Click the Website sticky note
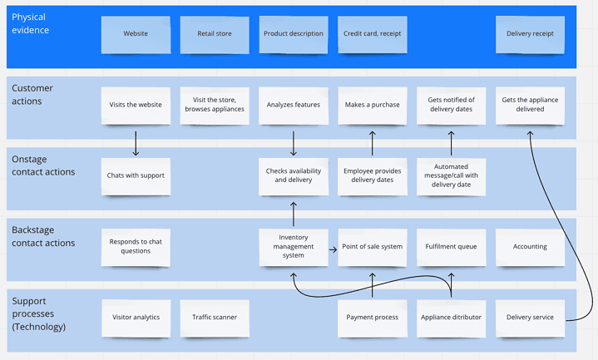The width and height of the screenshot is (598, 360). pos(136,34)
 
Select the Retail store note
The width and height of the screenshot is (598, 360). pos(215,34)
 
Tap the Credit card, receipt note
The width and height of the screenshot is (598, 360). pos(372,34)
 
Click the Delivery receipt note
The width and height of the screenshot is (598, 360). pos(530,34)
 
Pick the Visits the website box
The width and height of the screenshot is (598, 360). pos(136,106)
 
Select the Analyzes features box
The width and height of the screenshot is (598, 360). pos(294,106)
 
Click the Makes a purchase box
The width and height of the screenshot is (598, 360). pos(372,106)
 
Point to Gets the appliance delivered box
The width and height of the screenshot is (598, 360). pos(530,106)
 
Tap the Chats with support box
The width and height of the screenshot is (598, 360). pos(136,176)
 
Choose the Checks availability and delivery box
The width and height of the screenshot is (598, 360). pos(294,176)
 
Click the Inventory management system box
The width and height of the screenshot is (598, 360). pos(294,247)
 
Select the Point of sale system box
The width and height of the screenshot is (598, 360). pos(372,247)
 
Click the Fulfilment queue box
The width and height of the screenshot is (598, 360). pos(451,247)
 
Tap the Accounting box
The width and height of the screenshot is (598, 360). pos(530,247)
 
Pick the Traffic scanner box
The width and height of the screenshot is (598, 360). pos(215,318)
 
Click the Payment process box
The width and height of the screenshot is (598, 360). pos(372,318)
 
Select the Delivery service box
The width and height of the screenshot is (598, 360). pos(530,318)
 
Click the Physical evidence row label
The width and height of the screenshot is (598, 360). pos(31,24)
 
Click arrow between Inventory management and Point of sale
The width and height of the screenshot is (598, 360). pos(333,247)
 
